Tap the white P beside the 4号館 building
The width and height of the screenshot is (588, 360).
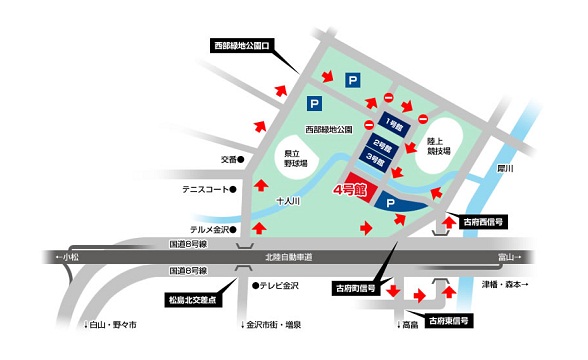[x=391, y=204]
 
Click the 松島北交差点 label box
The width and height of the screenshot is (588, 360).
[x=196, y=299]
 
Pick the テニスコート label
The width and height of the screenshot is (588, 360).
[x=203, y=187]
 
